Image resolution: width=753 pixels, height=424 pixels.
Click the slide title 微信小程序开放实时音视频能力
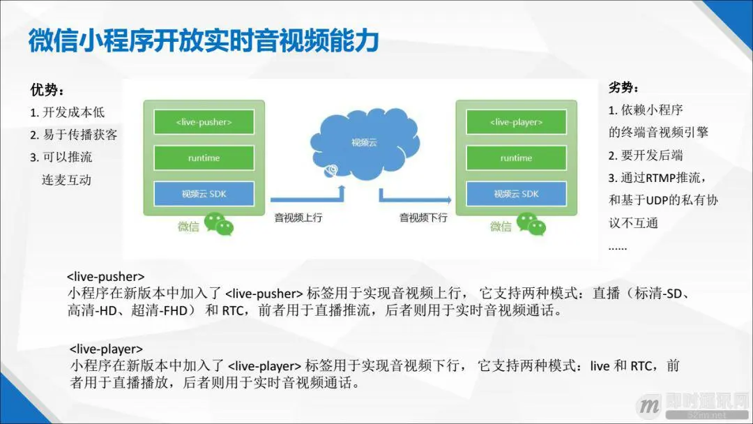coord(204,42)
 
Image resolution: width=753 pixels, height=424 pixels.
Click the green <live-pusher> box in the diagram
coord(204,123)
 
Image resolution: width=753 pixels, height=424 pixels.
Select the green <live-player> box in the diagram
coord(516,123)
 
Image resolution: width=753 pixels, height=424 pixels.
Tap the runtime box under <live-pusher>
coord(204,158)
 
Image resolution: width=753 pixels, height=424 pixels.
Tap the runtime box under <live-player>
coord(516,158)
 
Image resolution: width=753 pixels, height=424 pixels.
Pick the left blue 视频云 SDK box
coord(204,194)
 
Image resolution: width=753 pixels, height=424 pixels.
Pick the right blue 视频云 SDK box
coord(516,194)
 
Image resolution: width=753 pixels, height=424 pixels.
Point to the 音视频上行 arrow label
coord(298,218)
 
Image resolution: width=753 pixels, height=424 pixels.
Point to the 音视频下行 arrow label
coord(423,218)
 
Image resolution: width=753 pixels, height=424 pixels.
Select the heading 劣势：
coord(625,88)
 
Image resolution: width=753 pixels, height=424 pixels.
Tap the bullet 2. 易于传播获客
coord(73,135)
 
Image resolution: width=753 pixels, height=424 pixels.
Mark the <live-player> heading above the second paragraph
coord(107,349)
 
